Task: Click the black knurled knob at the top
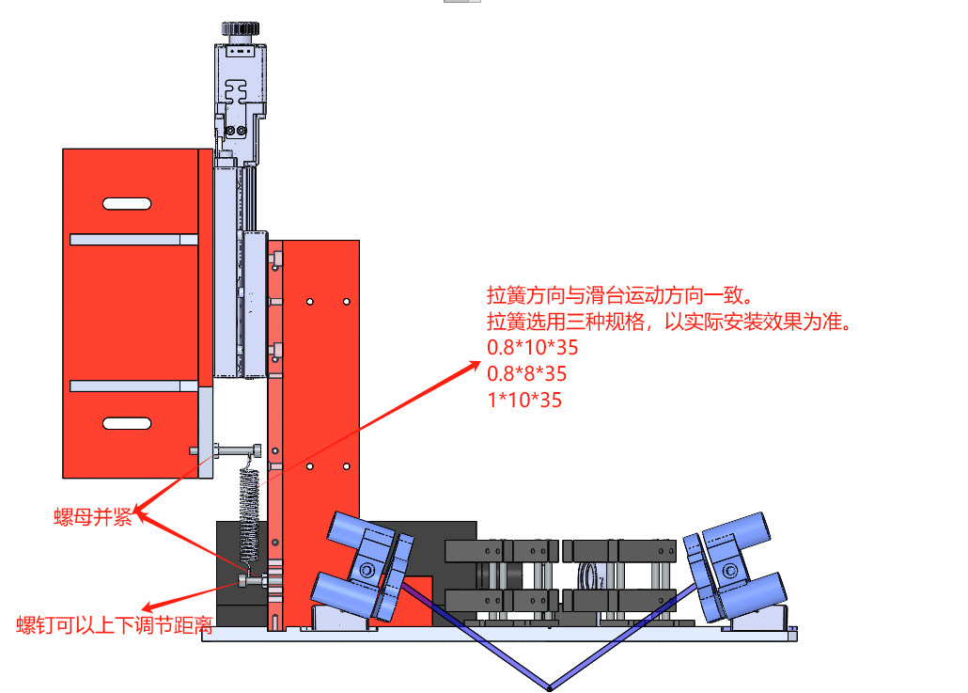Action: pyautogui.click(x=241, y=28)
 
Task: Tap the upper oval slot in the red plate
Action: pyautogui.click(x=127, y=204)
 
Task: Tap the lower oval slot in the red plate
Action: pyautogui.click(x=127, y=423)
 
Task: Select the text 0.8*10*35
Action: pyautogui.click(x=532, y=348)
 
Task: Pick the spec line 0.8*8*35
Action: pyautogui.click(x=526, y=373)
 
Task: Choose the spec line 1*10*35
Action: pyautogui.click(x=524, y=401)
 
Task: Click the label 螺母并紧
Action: pyautogui.click(x=93, y=517)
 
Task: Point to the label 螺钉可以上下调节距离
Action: pyautogui.click(x=115, y=625)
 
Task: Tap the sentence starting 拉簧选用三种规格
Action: pyautogui.click(x=669, y=322)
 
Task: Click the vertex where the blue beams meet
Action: pyautogui.click(x=549, y=687)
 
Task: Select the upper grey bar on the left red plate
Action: pyautogui.click(x=134, y=240)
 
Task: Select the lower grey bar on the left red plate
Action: pyautogui.click(x=134, y=386)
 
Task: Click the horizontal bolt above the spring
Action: pyautogui.click(x=226, y=450)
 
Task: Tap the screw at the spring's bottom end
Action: pyautogui.click(x=254, y=581)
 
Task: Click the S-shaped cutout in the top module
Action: pyautogui.click(x=236, y=92)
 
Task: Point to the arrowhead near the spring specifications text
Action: pyautogui.click(x=474, y=367)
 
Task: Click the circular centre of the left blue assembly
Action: pyautogui.click(x=367, y=570)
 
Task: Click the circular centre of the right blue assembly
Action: pyautogui.click(x=729, y=570)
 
